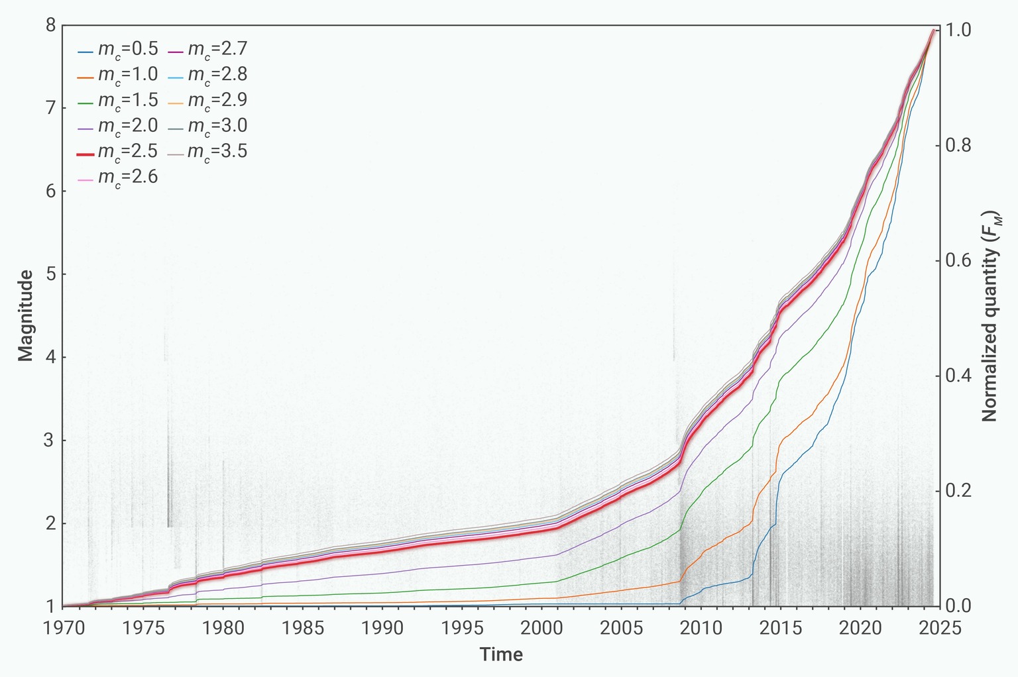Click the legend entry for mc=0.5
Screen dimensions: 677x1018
click(118, 50)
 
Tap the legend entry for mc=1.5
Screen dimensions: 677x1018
click(118, 101)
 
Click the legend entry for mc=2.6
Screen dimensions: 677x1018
click(118, 178)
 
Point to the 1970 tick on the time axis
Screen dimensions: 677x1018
click(63, 627)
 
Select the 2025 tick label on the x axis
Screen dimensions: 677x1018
click(939, 627)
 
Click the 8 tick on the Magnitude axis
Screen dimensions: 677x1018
click(50, 26)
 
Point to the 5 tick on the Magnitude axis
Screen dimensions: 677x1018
click(50, 274)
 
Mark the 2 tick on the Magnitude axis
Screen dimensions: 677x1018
click(50, 523)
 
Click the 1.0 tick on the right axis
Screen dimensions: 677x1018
click(956, 30)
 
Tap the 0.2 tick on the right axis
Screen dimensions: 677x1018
click(956, 491)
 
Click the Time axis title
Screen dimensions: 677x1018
click(501, 655)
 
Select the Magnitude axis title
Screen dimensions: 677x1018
click(26, 315)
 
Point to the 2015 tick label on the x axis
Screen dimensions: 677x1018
click(780, 627)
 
